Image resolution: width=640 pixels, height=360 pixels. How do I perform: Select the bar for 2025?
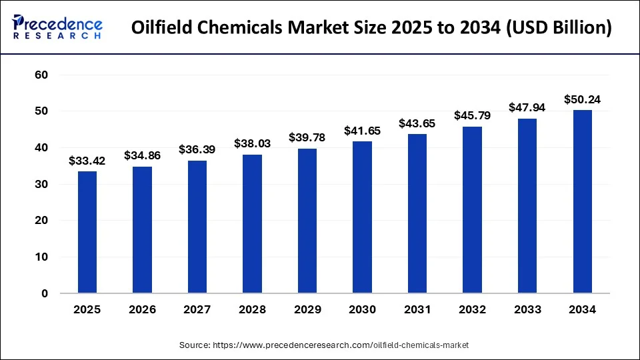click(x=87, y=232)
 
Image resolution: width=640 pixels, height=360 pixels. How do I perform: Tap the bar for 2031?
click(x=417, y=213)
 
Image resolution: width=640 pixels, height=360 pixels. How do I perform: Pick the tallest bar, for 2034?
click(x=582, y=201)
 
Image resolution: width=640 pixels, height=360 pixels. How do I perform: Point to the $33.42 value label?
click(x=87, y=161)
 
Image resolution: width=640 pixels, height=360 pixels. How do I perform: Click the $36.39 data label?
click(x=197, y=150)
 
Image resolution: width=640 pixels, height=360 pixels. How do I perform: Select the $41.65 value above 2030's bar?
click(x=362, y=131)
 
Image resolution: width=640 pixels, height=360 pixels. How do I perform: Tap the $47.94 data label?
click(x=527, y=107)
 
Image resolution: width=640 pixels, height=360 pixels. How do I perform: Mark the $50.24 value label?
click(x=582, y=99)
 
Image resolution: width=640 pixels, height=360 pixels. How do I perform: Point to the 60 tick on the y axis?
click(x=41, y=75)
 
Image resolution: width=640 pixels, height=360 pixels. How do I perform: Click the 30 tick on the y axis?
click(x=41, y=184)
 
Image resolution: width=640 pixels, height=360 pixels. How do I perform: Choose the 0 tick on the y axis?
click(x=45, y=293)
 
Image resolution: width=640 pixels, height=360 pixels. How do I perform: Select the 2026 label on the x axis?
click(x=142, y=310)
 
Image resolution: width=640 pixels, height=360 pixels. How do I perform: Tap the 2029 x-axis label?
click(x=307, y=310)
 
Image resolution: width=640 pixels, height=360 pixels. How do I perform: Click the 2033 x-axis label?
click(x=527, y=310)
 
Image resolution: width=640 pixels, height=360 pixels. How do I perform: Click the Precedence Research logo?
click(x=57, y=27)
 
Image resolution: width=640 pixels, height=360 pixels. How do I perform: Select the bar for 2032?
click(x=472, y=209)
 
